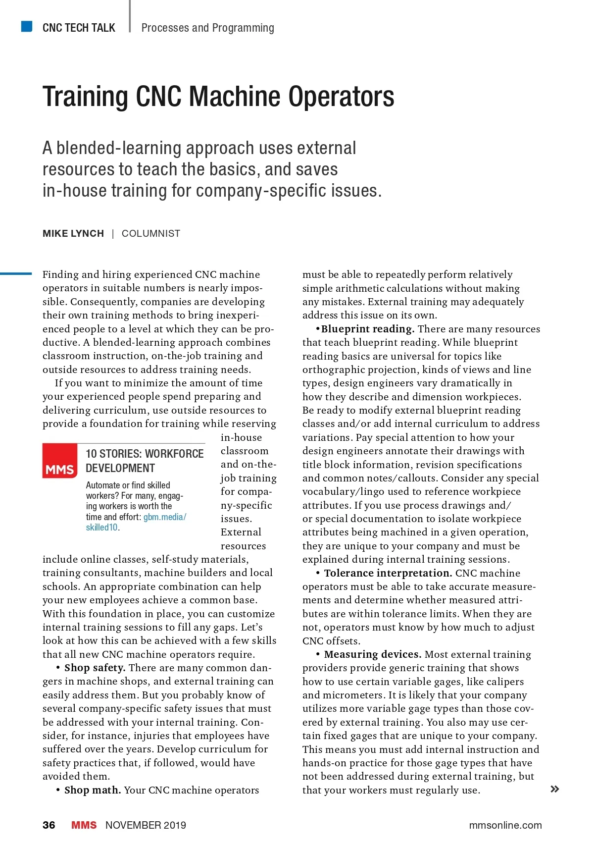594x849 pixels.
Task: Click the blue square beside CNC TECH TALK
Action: coord(27,26)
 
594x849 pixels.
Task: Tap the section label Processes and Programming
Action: coord(207,28)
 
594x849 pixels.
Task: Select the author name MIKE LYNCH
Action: coord(73,234)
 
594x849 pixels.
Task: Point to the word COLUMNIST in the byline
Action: coord(151,234)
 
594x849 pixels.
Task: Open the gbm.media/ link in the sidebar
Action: coord(165,517)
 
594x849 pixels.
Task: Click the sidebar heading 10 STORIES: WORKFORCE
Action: coord(145,454)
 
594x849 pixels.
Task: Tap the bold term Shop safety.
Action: coord(95,668)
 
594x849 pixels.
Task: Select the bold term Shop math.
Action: coord(93,790)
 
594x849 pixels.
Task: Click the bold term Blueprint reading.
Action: coord(367,329)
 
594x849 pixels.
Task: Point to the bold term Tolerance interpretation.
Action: coord(388,573)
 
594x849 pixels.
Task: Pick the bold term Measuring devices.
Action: coord(373,654)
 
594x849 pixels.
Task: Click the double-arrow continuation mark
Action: coord(555,789)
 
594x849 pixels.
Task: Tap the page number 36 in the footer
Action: coord(49,825)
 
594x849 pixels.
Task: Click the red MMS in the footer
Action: coord(84,825)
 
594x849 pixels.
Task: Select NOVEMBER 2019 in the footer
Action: coord(146,825)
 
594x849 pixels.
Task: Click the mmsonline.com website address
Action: coord(505,825)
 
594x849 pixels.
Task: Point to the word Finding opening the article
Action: coord(60,274)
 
